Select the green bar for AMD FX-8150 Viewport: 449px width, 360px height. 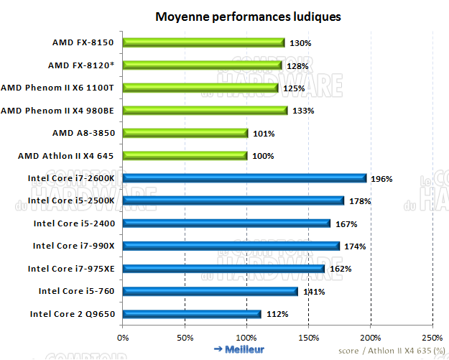(203, 42)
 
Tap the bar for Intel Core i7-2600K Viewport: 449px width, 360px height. (244, 178)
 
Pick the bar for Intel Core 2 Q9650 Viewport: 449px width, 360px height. (192, 314)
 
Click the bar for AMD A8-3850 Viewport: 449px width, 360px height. (185, 133)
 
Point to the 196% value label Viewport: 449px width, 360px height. (381, 179)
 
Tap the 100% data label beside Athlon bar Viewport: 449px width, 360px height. (264, 156)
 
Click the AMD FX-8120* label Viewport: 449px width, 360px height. (81, 65)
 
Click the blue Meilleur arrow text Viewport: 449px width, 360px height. (239, 349)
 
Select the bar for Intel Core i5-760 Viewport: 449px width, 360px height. (210, 291)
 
